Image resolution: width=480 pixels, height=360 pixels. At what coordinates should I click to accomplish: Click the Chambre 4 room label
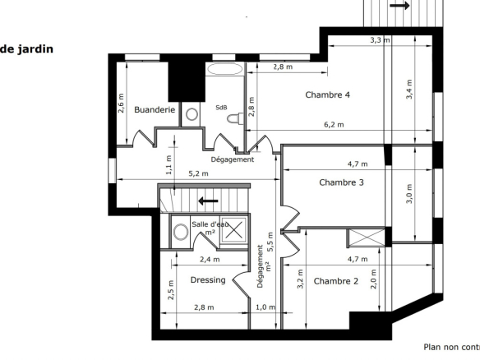click(328, 95)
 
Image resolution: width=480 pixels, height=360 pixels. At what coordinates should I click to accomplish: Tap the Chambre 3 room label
click(341, 182)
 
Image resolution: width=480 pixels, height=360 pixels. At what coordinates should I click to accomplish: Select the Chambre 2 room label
click(336, 281)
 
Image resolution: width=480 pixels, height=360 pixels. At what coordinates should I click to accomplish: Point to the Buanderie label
click(155, 109)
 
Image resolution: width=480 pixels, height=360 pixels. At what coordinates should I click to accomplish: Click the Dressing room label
click(208, 280)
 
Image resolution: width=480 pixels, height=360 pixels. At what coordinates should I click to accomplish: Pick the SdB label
click(221, 108)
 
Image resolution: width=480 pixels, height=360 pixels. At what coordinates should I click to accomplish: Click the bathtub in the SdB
click(224, 69)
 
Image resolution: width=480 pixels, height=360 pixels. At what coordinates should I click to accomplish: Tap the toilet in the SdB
click(235, 118)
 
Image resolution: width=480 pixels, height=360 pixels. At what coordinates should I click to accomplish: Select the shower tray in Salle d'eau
click(234, 229)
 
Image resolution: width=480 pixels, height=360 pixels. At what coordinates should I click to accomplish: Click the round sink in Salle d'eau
click(181, 232)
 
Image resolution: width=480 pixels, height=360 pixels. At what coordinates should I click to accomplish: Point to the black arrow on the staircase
click(208, 201)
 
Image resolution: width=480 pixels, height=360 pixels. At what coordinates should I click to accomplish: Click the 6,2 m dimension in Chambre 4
click(334, 125)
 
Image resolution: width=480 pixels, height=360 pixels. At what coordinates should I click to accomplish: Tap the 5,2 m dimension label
click(198, 173)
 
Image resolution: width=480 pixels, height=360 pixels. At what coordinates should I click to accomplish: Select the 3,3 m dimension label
click(381, 40)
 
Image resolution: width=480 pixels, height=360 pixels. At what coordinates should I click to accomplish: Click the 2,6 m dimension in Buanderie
click(121, 104)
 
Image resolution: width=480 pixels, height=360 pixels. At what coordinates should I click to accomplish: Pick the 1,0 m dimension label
click(265, 307)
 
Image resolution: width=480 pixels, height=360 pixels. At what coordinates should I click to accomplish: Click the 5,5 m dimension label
click(270, 242)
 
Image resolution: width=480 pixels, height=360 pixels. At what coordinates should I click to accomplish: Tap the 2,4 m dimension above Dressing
click(210, 260)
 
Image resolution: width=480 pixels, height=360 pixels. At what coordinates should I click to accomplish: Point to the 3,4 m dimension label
click(409, 89)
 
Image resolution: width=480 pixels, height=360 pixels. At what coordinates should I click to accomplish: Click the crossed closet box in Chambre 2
click(367, 238)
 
